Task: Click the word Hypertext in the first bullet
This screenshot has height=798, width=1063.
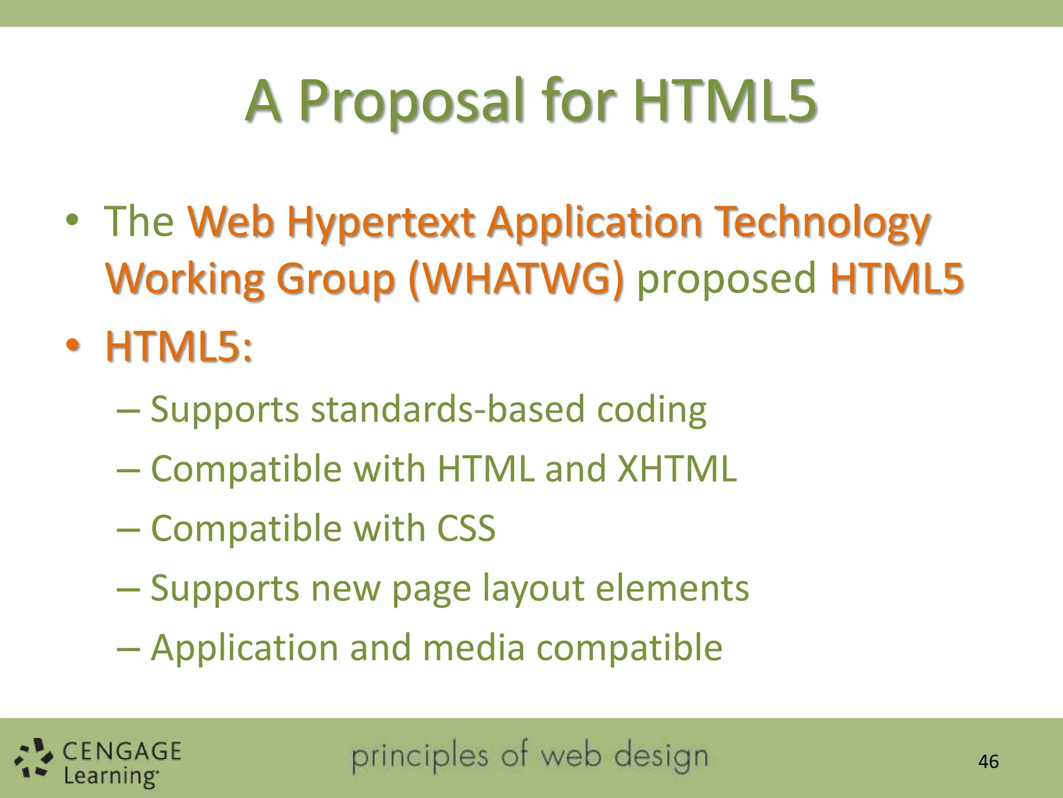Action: (x=380, y=222)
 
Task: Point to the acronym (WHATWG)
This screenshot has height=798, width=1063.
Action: (x=515, y=279)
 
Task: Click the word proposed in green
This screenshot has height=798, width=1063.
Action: (x=726, y=279)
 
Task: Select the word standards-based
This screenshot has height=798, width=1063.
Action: (x=448, y=409)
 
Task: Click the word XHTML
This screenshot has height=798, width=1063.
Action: (x=677, y=469)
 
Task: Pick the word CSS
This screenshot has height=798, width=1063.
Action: (x=466, y=528)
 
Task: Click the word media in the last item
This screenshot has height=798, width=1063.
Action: (x=473, y=648)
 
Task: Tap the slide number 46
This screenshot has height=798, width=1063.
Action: (x=988, y=762)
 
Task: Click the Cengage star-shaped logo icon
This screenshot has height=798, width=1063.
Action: (x=34, y=759)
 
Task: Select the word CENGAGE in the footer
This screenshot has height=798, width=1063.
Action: (x=122, y=751)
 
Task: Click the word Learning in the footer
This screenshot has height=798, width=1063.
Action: (x=111, y=776)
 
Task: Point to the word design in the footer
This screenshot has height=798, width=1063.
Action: (x=661, y=757)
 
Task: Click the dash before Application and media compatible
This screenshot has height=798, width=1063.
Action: (x=128, y=649)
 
